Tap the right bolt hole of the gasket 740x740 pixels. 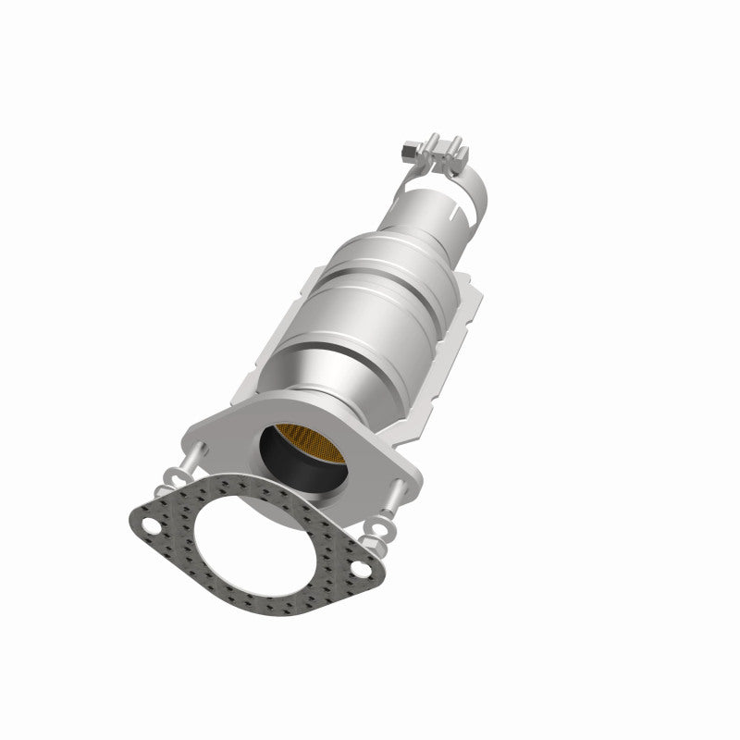[355, 570]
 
